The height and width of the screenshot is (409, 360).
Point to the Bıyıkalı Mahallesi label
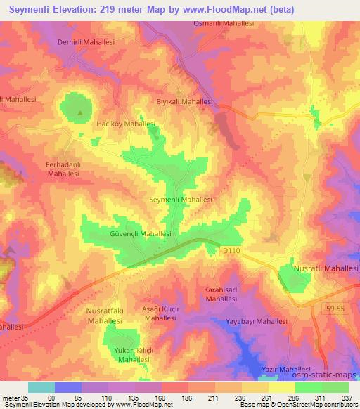point(184,101)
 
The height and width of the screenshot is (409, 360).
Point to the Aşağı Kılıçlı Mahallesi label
point(160,313)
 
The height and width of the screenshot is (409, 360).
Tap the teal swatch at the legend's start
point(41,387)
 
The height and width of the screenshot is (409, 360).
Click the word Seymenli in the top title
point(30,10)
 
